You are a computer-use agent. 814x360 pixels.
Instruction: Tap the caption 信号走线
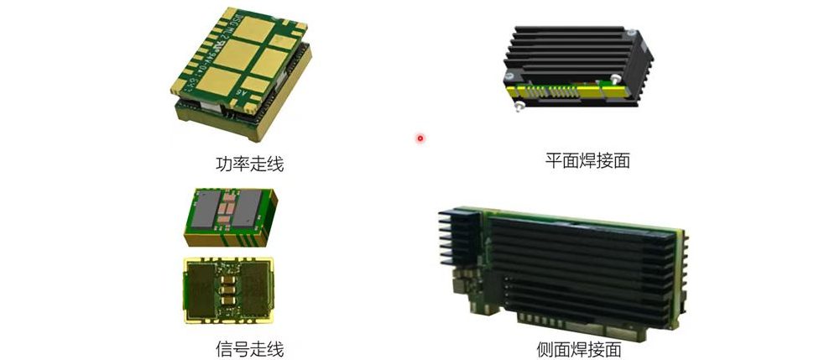(250, 347)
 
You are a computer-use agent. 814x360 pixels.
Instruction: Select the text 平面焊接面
(587, 160)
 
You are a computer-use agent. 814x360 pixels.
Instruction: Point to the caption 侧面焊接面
(578, 348)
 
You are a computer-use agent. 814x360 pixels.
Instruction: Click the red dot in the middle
(420, 138)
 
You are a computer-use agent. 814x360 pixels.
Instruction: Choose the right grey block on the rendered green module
(247, 209)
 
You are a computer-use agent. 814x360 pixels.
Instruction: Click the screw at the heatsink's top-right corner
(631, 33)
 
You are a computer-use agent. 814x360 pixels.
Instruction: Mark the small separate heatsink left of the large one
(454, 237)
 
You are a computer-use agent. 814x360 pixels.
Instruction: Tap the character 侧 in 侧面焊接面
(545, 348)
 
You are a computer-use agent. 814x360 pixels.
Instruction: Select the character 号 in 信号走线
(242, 347)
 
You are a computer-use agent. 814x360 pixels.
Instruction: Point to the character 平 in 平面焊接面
(553, 160)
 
